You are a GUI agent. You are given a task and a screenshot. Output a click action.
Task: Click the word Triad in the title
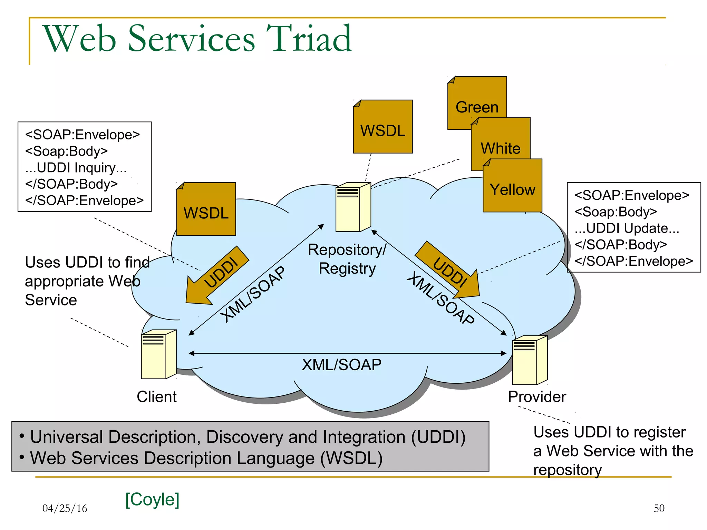309,39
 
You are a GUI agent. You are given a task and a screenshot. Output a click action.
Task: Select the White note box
501,141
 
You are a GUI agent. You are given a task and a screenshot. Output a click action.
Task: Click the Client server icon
158,354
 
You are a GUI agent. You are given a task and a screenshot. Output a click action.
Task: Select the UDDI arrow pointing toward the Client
216,276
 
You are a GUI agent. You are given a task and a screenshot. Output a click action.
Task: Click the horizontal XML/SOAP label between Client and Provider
341,365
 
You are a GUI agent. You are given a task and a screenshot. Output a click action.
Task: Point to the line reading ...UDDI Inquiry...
76,168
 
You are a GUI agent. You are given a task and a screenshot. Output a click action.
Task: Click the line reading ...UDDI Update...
627,228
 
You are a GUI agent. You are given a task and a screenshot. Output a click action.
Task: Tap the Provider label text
537,397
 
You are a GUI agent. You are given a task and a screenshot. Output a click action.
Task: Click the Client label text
156,397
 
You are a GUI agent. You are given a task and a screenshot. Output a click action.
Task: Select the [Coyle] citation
152,499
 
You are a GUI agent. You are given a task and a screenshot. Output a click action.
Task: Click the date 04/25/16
65,508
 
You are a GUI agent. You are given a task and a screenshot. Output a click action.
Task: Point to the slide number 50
659,508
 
